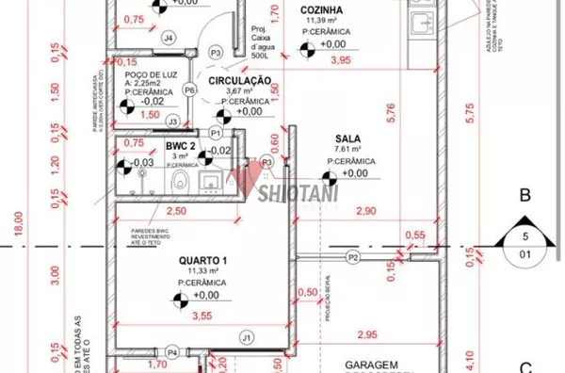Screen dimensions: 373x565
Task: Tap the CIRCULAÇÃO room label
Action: (x=240, y=81)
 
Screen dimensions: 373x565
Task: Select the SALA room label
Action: (x=347, y=149)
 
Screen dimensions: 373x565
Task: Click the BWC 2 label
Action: (x=181, y=147)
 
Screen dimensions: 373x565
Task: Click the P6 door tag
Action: (x=189, y=89)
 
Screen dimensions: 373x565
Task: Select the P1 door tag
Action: (x=216, y=135)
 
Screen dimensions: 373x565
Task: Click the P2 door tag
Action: (x=353, y=257)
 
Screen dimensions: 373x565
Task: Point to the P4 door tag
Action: (x=172, y=354)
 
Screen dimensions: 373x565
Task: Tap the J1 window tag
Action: (x=246, y=336)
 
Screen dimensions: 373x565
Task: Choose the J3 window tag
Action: (x=171, y=122)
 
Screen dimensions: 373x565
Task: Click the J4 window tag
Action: (x=168, y=38)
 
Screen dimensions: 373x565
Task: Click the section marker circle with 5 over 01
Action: (x=525, y=242)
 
